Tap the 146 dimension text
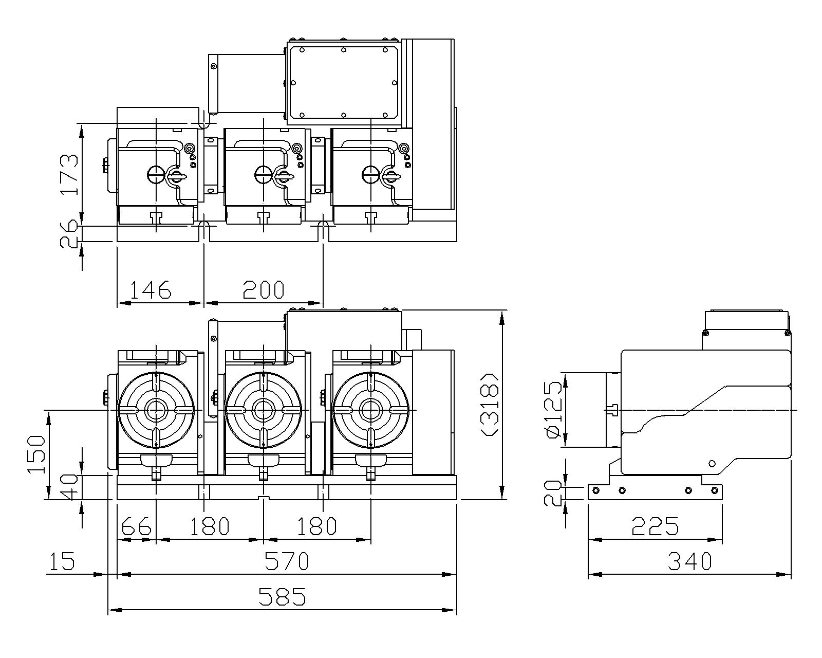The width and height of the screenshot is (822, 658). pos(150,290)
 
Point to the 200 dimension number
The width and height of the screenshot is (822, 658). pos(263,290)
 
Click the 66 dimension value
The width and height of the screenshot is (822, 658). pos(137,526)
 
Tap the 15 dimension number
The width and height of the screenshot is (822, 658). pos(62,561)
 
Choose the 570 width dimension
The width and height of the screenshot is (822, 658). pos(287,561)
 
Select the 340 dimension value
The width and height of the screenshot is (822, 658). pos(689,561)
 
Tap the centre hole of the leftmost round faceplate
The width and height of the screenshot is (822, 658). pos(156,410)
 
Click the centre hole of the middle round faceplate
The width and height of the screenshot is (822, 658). pos(263,410)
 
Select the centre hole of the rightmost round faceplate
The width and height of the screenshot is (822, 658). pos(370,410)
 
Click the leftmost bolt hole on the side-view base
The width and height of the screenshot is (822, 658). pos(596,490)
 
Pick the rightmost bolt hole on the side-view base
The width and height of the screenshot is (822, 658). pos(714,490)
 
